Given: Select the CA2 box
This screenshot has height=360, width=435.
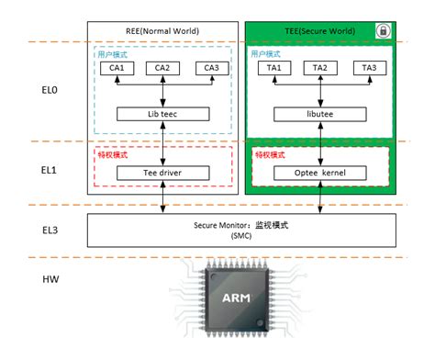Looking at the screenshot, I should pos(162,68).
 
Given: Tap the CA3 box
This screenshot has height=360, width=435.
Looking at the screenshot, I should pos(211,68).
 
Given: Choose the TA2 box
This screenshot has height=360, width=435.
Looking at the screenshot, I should pos(320,68).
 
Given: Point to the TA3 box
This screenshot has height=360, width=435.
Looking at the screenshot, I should pos(368,68).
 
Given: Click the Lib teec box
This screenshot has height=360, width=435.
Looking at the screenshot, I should pos(162,115).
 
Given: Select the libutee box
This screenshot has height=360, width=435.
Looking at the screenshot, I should pos(320,115).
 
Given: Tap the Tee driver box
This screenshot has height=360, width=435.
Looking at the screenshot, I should pos(162,172).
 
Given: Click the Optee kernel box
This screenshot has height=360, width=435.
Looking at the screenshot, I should pos(320,172).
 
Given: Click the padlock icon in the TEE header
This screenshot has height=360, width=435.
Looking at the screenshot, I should pos(380,31).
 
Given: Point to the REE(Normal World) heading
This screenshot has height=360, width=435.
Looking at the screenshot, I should pos(162,31).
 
